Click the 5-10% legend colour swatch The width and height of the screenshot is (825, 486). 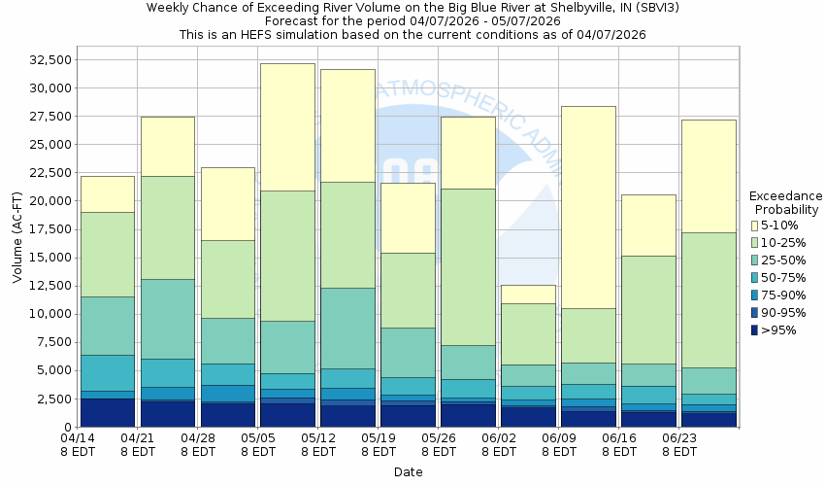click(x=755, y=226)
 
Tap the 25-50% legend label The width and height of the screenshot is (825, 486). click(x=784, y=260)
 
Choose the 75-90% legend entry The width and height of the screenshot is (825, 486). click(x=784, y=295)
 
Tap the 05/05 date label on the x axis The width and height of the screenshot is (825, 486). click(x=258, y=444)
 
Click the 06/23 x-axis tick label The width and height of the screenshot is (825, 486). click(x=679, y=444)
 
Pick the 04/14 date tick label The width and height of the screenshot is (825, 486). click(x=78, y=444)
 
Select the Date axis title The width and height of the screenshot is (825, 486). click(x=408, y=471)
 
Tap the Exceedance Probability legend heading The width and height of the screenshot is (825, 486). click(x=785, y=202)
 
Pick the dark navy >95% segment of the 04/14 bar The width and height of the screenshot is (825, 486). click(x=107, y=412)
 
